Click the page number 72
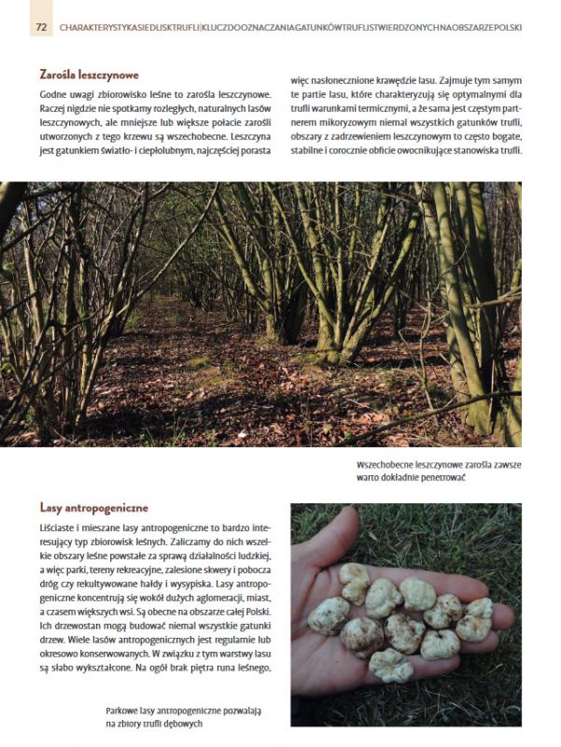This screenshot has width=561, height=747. click(41, 27)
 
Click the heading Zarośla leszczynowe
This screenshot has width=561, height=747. click(90, 74)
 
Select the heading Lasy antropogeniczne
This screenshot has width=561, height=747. click(93, 508)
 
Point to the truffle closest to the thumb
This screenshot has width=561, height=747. click(355, 584)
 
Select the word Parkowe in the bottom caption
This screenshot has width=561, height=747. click(126, 710)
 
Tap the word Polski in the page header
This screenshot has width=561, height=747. click(505, 28)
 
